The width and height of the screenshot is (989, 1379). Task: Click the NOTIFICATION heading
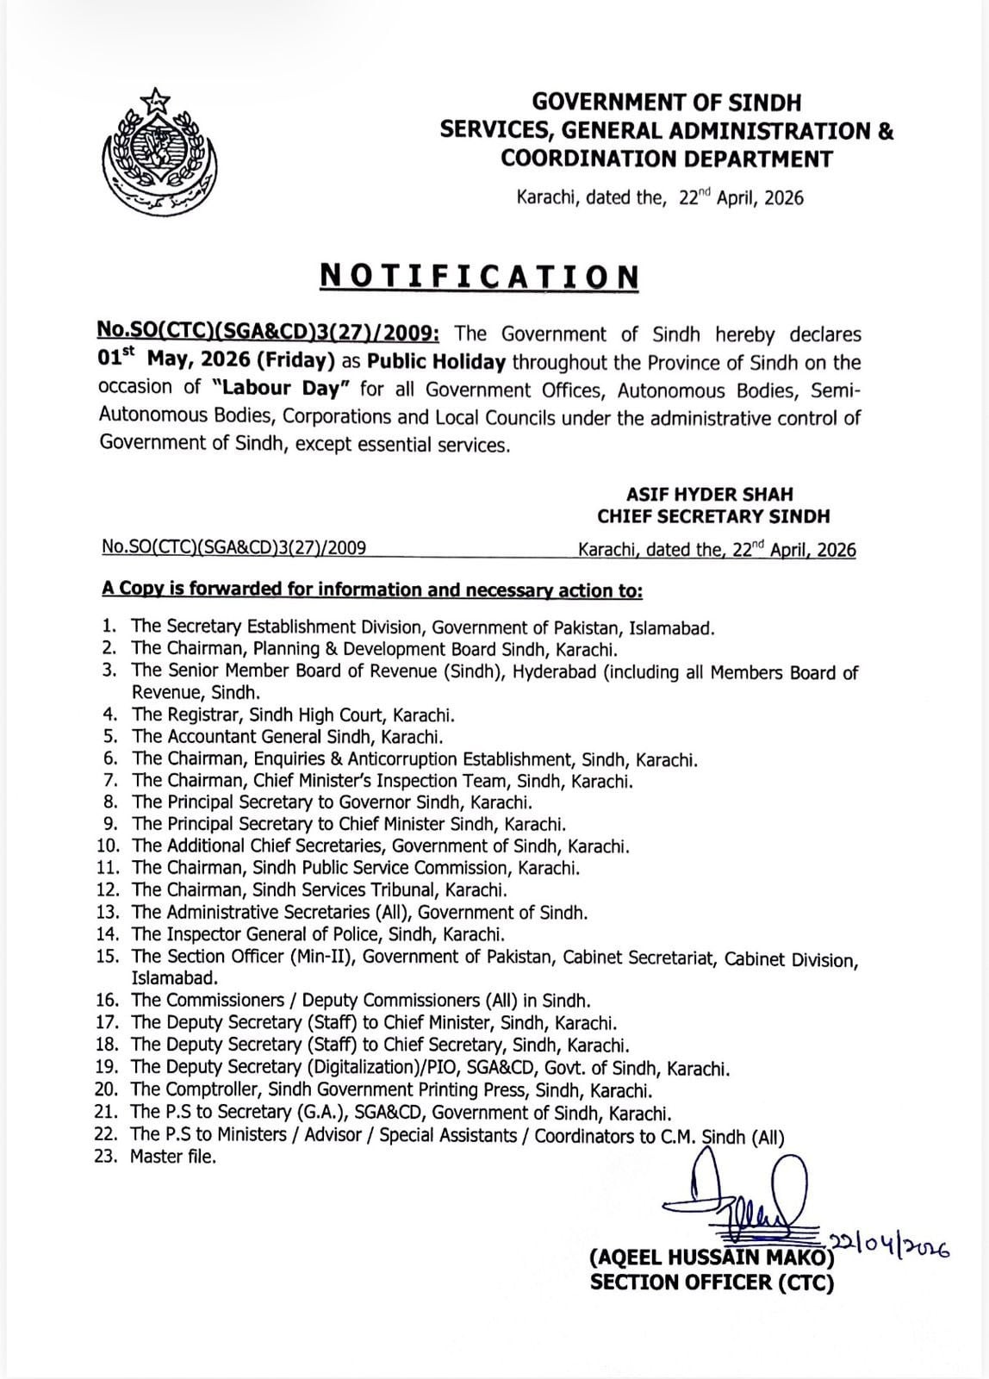480,277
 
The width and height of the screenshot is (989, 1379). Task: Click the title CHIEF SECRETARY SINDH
713,516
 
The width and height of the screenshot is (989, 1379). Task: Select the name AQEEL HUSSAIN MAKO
712,1258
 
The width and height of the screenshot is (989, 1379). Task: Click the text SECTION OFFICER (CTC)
712,1283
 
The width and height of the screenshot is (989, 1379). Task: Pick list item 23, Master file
172,1157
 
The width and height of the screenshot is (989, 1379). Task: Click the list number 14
110,933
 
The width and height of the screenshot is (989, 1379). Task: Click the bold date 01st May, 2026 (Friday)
222,362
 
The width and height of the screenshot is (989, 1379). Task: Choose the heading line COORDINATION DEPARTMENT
667,159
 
